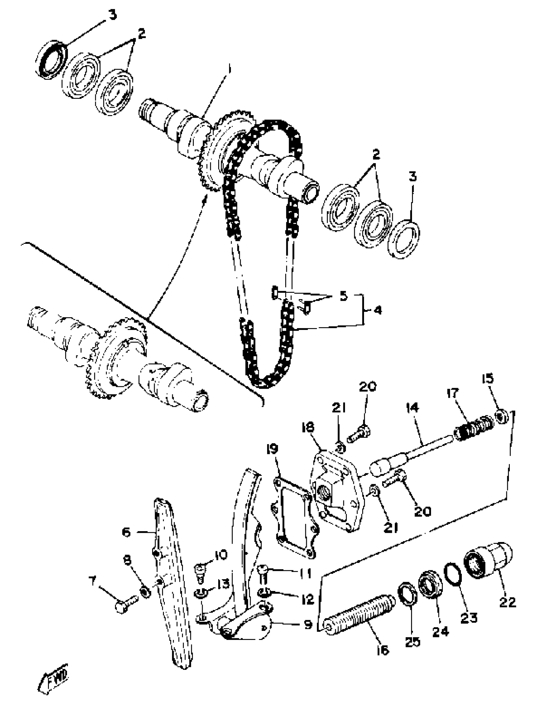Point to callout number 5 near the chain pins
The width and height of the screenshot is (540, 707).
tap(344, 296)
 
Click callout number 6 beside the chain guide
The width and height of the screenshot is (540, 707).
tap(126, 532)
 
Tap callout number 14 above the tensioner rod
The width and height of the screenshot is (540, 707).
tap(413, 408)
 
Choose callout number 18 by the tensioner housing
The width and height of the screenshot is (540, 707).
tap(307, 428)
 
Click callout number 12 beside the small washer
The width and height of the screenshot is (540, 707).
tap(307, 599)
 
